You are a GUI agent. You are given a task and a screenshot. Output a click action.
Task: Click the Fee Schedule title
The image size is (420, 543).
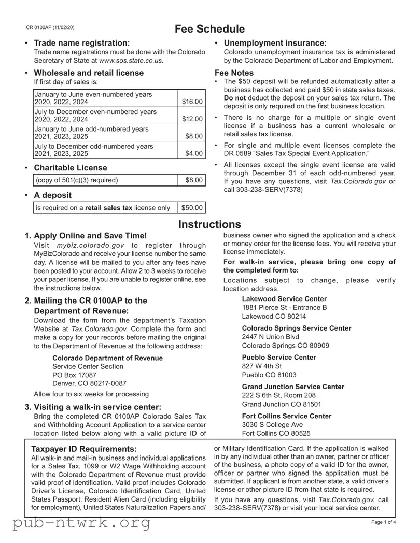209,29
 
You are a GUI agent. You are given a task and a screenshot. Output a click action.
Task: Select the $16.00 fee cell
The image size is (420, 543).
192,102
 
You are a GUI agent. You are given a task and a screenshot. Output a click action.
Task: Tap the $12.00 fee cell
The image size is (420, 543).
192,119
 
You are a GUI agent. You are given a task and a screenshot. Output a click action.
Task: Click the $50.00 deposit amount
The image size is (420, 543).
192,208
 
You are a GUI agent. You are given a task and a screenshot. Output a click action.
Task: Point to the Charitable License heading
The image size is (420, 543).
71,168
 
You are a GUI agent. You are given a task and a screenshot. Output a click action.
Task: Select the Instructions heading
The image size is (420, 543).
209,224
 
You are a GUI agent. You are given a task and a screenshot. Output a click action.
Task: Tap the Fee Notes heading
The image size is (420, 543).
234,73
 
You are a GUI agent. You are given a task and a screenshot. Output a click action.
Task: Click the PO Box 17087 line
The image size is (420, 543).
75,375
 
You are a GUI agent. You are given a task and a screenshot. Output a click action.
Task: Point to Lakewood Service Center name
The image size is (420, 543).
284,299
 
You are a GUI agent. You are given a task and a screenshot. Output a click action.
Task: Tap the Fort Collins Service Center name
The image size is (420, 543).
287,416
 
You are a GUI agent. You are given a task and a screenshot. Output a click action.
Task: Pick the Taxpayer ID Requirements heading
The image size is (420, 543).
85,449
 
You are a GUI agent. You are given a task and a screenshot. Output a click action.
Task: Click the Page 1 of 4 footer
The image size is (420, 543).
384,522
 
